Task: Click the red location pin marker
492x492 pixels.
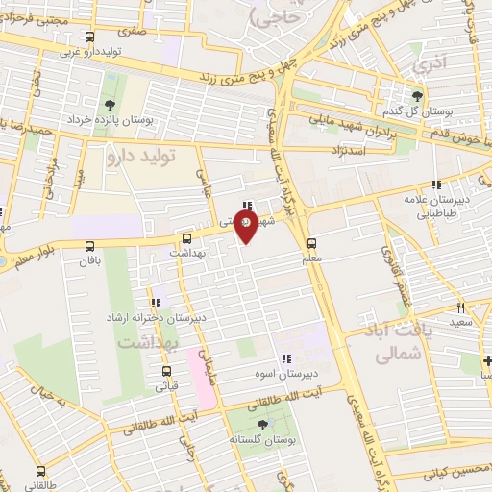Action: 245,226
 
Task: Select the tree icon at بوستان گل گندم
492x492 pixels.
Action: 417,95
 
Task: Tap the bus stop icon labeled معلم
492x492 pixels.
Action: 310,243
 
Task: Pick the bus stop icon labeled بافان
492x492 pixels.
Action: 91,246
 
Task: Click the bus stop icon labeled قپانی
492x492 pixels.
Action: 166,372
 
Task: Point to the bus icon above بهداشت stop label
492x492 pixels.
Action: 186,237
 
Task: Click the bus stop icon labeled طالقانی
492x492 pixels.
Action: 40,471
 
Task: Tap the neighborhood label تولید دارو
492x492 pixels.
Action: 141,153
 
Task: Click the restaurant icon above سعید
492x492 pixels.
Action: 461,307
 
